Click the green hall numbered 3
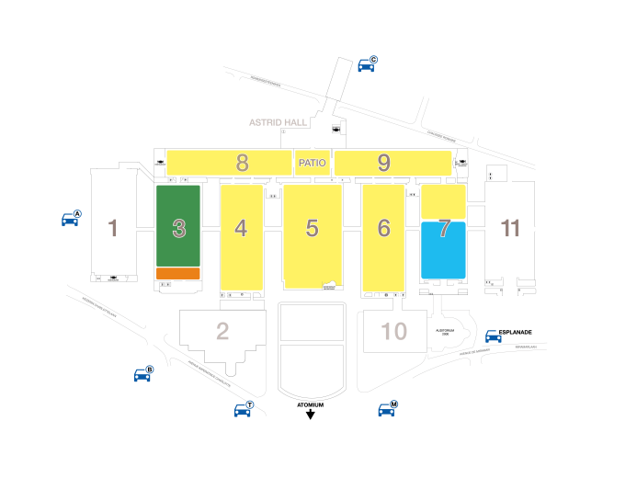point(178,225)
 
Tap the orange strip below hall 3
point(178,274)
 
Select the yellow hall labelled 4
point(241,237)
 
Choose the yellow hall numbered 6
point(383,237)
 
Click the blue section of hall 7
point(443,251)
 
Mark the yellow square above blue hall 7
point(443,201)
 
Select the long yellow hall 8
point(229,163)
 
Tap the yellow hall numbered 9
point(392,164)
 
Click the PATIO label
point(313,163)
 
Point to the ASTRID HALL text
point(279,122)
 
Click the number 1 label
point(113,228)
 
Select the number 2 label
point(222,331)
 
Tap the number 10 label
point(394,331)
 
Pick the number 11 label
point(510,228)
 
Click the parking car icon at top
point(367,64)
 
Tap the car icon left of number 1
point(71,219)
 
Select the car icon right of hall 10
point(494,336)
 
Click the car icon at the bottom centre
point(243,409)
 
